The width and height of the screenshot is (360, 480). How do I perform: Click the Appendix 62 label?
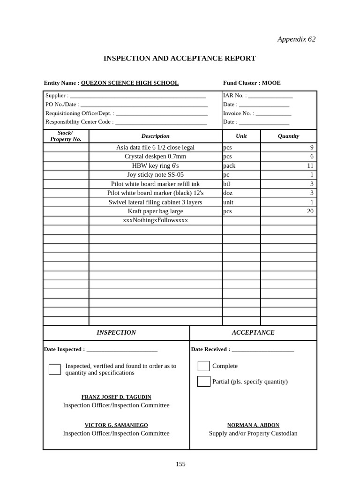coord(296,39)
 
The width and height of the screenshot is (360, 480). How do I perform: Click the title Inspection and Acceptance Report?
coord(180,59)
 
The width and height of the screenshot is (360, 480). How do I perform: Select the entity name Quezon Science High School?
coord(129,83)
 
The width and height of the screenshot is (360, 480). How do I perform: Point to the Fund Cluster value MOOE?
coord(271,83)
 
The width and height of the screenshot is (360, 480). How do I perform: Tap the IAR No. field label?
coord(235,96)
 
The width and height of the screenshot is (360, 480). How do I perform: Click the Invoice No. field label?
coord(239,113)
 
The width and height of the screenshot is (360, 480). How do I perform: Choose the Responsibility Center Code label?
coord(79,122)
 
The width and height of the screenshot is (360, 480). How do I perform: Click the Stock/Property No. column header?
coord(66,136)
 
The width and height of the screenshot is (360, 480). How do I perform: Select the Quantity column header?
coord(288,136)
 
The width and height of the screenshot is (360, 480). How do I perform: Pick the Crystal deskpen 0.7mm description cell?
coord(155,157)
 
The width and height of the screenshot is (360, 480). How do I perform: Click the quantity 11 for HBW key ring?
coord(310,165)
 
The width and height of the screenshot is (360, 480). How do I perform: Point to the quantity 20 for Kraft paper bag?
coord(310,211)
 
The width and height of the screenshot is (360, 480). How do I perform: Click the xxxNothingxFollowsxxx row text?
coord(155,220)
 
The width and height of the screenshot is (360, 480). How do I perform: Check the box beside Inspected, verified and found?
coord(55,369)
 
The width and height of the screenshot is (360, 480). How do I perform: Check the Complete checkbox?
coord(203,366)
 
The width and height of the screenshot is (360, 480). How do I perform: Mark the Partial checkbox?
coord(203,382)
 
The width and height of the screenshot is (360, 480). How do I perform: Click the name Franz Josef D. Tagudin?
coord(116,397)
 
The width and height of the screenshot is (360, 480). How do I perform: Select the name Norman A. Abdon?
coord(253,425)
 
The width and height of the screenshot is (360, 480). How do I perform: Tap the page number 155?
coord(180,464)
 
